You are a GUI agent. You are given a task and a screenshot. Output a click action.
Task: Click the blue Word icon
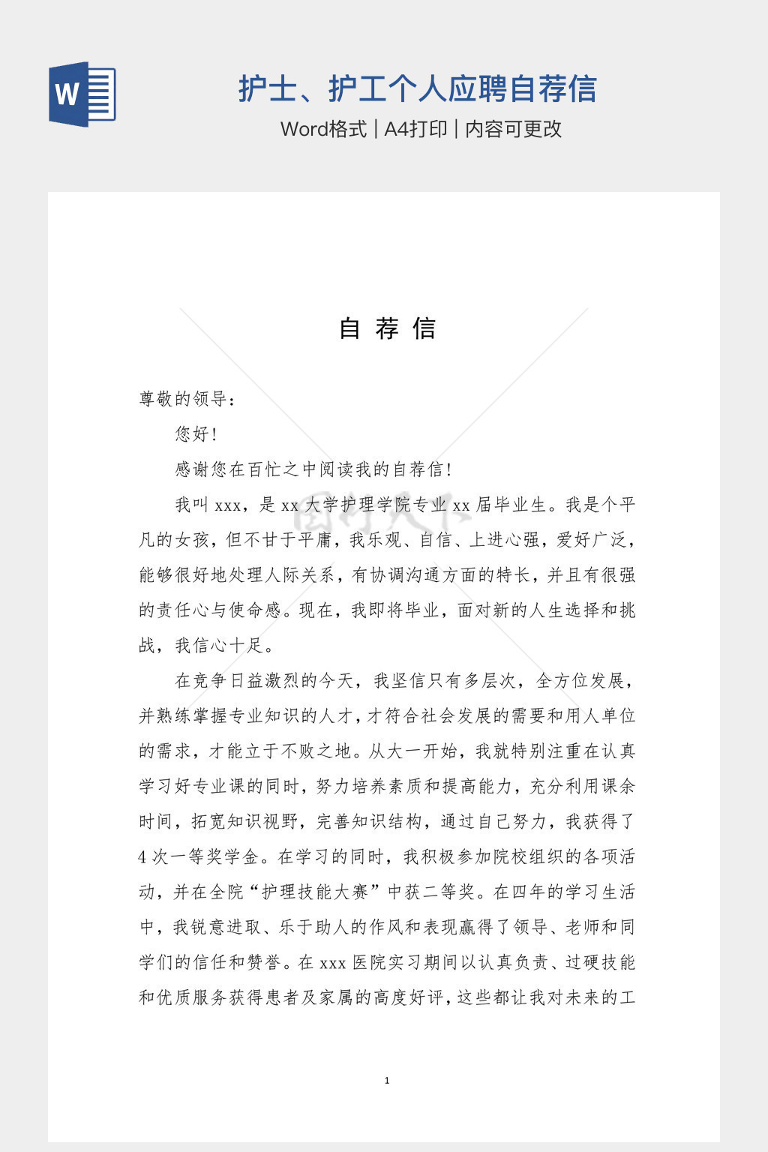pyautogui.click(x=82, y=94)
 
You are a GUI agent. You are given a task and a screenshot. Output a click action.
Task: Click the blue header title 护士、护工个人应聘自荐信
pyautogui.click(x=417, y=88)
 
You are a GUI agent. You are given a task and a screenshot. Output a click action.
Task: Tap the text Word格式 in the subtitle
pyautogui.click(x=323, y=129)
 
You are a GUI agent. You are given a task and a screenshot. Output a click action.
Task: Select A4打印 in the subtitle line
pyautogui.click(x=415, y=129)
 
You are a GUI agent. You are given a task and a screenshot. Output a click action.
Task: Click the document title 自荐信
pyautogui.click(x=387, y=328)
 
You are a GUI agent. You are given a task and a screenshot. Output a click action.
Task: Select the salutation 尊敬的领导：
pyautogui.click(x=187, y=399)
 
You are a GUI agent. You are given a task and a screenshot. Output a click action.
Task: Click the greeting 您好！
pyautogui.click(x=196, y=434)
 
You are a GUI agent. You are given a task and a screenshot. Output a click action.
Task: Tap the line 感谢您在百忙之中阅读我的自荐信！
pyautogui.click(x=313, y=469)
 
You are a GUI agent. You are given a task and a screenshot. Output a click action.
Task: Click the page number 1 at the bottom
pyautogui.click(x=387, y=1081)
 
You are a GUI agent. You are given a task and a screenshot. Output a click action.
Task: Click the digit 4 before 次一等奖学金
pyautogui.click(x=142, y=857)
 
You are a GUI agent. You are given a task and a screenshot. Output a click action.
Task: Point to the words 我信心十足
pyautogui.click(x=219, y=646)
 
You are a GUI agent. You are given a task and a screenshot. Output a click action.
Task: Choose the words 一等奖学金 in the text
pyautogui.click(x=217, y=857)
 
